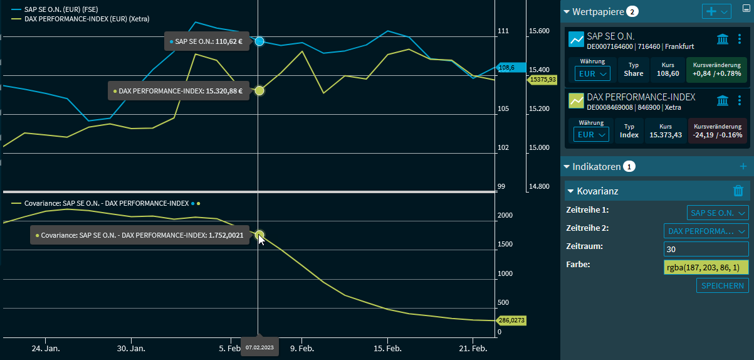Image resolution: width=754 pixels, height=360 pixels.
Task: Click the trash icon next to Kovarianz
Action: point(738,191)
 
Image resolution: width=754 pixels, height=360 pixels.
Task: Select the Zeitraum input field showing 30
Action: point(706,249)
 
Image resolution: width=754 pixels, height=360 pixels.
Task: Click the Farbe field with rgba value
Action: point(706,268)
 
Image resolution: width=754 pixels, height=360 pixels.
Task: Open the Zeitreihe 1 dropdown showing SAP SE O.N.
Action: point(718,213)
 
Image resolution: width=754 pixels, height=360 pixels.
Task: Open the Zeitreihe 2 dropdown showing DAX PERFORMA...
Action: point(706,231)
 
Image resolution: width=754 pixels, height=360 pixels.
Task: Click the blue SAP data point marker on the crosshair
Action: point(259,41)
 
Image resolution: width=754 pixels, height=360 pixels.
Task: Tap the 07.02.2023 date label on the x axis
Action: point(259,347)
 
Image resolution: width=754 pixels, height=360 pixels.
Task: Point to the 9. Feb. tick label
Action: point(302,348)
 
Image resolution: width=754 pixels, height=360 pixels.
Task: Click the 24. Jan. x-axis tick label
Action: point(45,348)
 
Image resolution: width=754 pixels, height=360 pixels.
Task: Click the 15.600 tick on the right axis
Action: point(539,31)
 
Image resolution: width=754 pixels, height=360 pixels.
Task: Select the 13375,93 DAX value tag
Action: point(543,80)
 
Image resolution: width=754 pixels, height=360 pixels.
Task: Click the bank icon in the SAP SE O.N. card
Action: point(723,40)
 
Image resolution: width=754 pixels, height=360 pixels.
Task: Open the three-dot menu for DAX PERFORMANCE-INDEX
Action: point(740,100)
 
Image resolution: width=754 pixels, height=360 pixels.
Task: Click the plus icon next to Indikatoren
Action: point(743,166)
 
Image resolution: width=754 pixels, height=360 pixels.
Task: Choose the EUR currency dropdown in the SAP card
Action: point(592,73)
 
